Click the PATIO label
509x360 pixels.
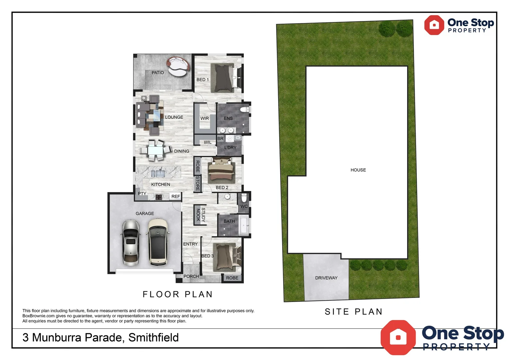click(158, 73)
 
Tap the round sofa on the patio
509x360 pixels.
click(179, 66)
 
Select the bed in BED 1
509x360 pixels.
click(224, 78)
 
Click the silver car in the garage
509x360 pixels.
click(131, 242)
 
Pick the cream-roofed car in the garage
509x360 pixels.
click(158, 242)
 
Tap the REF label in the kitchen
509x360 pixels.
click(176, 197)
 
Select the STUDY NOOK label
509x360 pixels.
click(201, 215)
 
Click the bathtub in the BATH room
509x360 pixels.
click(244, 225)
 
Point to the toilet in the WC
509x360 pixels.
click(244, 198)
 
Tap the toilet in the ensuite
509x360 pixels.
click(245, 109)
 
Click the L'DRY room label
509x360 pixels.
click(230, 148)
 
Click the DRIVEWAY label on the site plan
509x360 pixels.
click(326, 278)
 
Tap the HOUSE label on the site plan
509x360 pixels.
click(358, 170)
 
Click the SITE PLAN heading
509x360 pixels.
click(353, 312)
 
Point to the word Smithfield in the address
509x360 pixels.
click(154, 338)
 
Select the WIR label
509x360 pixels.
click(205, 118)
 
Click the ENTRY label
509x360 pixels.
click(190, 244)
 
